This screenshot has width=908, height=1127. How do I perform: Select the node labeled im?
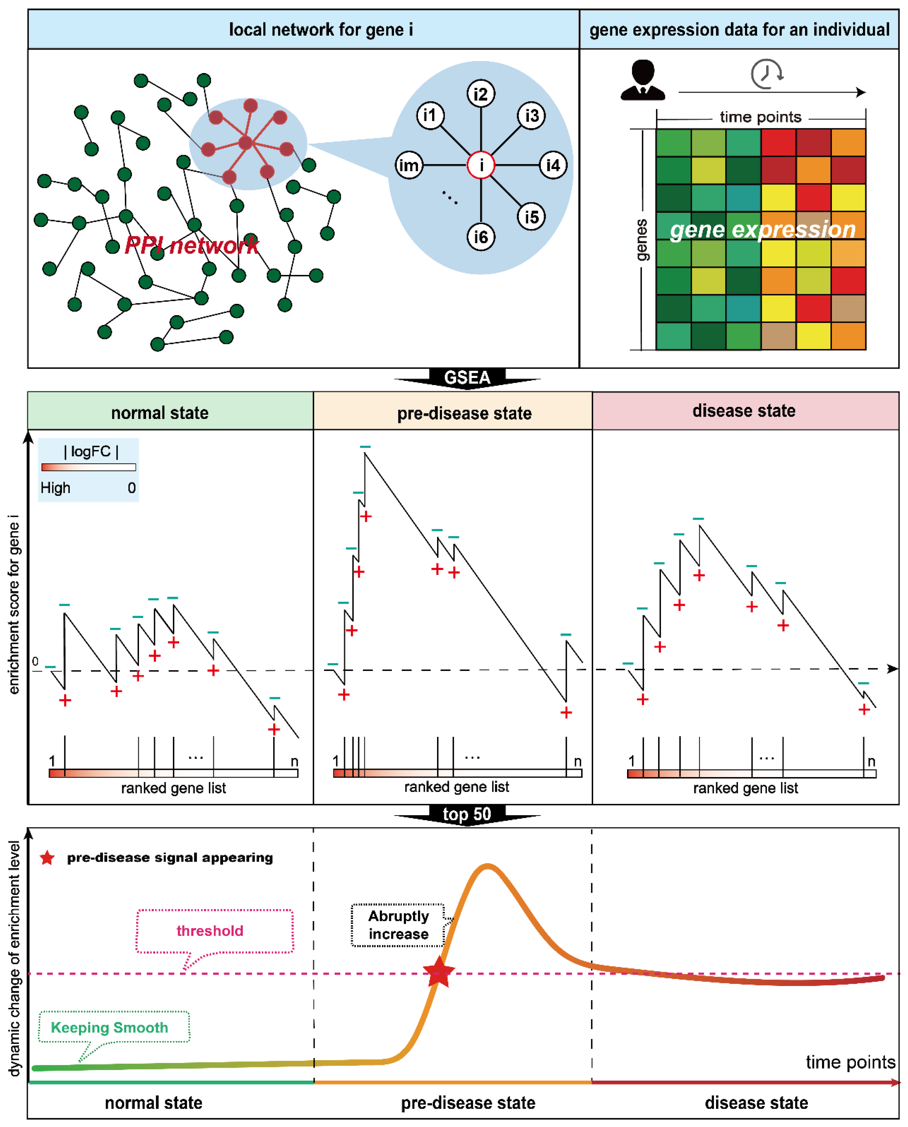pyautogui.click(x=408, y=165)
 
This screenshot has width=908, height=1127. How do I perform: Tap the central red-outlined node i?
pyautogui.click(x=481, y=165)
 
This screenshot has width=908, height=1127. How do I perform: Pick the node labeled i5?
pyautogui.click(x=531, y=216)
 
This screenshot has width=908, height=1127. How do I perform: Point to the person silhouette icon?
pyautogui.click(x=643, y=80)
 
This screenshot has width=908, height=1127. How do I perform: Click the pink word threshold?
pyautogui.click(x=210, y=931)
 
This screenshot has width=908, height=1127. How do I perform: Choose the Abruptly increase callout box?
pyautogui.click(x=398, y=925)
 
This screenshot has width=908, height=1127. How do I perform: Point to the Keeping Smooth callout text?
pyautogui.click(x=109, y=1028)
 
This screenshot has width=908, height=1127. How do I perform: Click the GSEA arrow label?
pyautogui.click(x=467, y=377)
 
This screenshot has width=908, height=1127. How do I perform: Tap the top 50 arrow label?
pyautogui.click(x=467, y=814)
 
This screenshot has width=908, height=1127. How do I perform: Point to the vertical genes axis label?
pyautogui.click(x=642, y=240)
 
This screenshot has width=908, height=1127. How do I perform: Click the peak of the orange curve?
pyautogui.click(x=488, y=867)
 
